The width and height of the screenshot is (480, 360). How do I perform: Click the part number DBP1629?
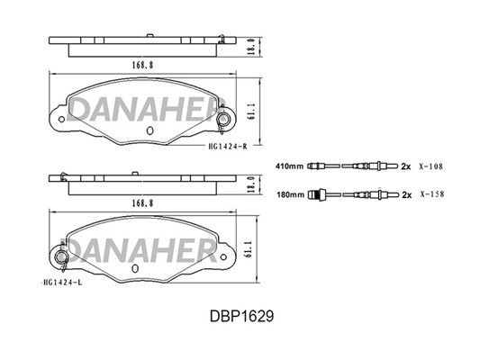[241, 316]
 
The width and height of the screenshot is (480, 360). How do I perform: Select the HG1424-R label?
[228, 147]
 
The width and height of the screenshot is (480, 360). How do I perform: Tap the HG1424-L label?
[62, 283]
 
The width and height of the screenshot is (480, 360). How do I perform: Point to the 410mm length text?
[290, 166]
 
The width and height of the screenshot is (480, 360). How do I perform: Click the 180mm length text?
[291, 194]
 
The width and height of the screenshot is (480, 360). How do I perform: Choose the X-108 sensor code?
[431, 166]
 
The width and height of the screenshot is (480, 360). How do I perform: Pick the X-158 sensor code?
[432, 194]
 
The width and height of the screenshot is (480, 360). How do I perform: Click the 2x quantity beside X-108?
[406, 166]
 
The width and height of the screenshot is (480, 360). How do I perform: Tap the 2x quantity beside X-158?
[407, 194]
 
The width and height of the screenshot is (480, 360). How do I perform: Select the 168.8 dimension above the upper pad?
[142, 65]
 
